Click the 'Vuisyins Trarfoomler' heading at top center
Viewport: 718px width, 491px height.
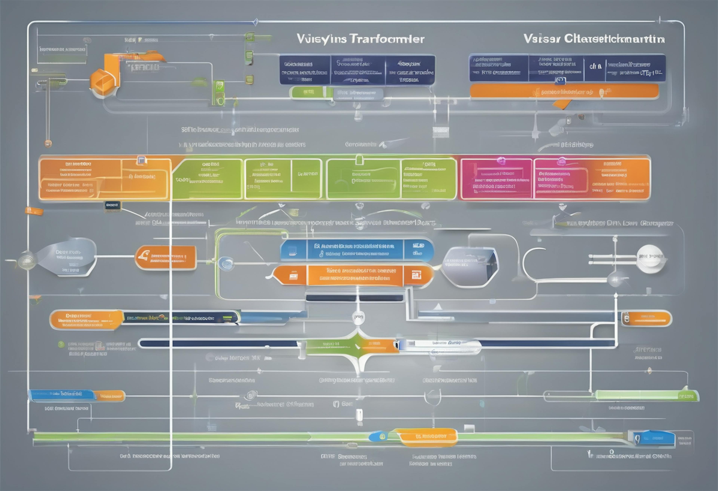360,39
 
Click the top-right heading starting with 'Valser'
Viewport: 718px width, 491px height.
594,39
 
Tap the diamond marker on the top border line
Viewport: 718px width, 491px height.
255,22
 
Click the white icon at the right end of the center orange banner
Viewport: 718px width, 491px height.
416,275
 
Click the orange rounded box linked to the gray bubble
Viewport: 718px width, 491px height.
166,257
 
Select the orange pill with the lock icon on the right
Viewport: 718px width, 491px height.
646,318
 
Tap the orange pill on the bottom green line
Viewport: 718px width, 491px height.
427,436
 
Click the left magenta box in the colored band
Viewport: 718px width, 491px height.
496,179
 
